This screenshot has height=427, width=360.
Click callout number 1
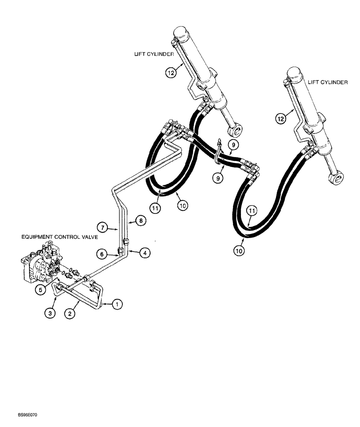tap(117, 304)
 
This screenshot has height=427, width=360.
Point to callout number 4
tap(145, 253)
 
